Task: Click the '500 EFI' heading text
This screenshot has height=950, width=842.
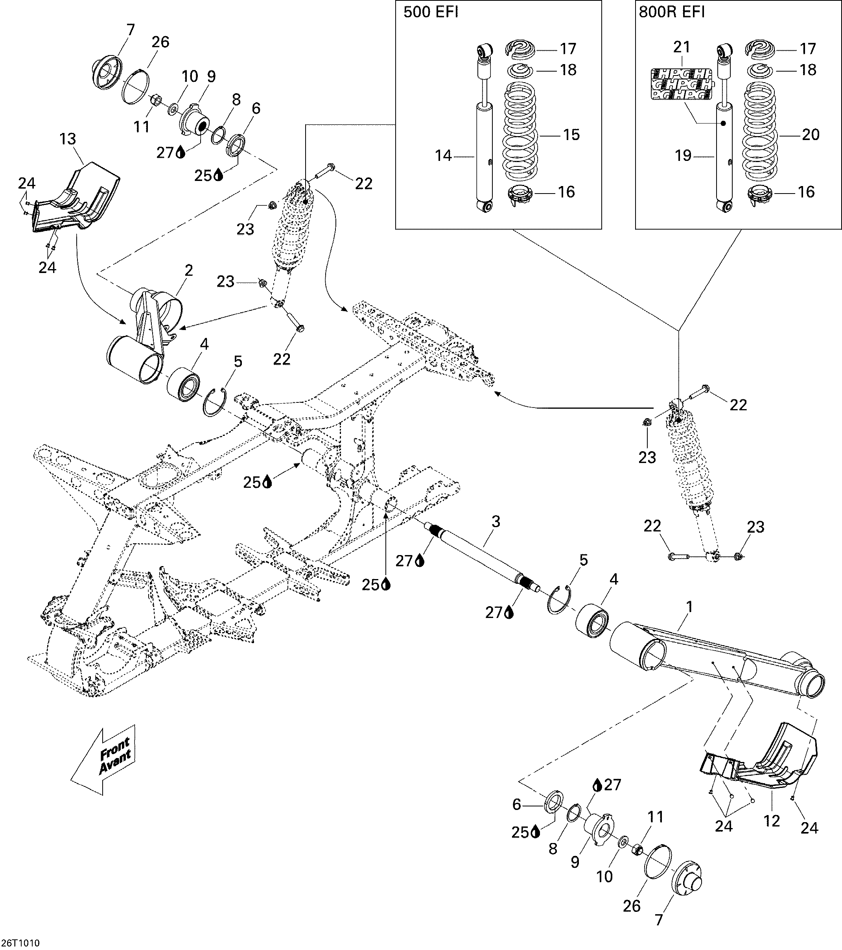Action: [x=431, y=13]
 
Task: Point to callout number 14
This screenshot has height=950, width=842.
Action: [x=443, y=156]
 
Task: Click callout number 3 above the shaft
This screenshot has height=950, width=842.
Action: [x=496, y=522]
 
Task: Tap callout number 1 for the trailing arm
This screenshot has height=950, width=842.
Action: [x=689, y=607]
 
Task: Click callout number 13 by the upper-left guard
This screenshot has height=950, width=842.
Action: [x=68, y=139]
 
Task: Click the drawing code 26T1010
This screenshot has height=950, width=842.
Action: [x=20, y=943]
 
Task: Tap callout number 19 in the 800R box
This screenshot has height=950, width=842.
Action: [x=683, y=156]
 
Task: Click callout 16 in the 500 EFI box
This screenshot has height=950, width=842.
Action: [x=566, y=192]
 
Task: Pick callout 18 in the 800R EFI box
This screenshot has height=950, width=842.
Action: [x=808, y=70]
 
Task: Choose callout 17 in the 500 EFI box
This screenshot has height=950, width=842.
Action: [x=568, y=48]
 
